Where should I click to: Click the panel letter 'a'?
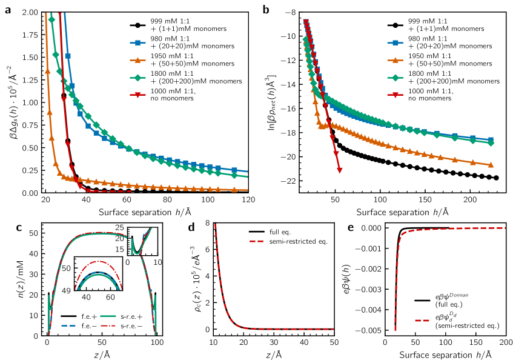7,10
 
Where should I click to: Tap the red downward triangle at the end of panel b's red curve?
339,170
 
